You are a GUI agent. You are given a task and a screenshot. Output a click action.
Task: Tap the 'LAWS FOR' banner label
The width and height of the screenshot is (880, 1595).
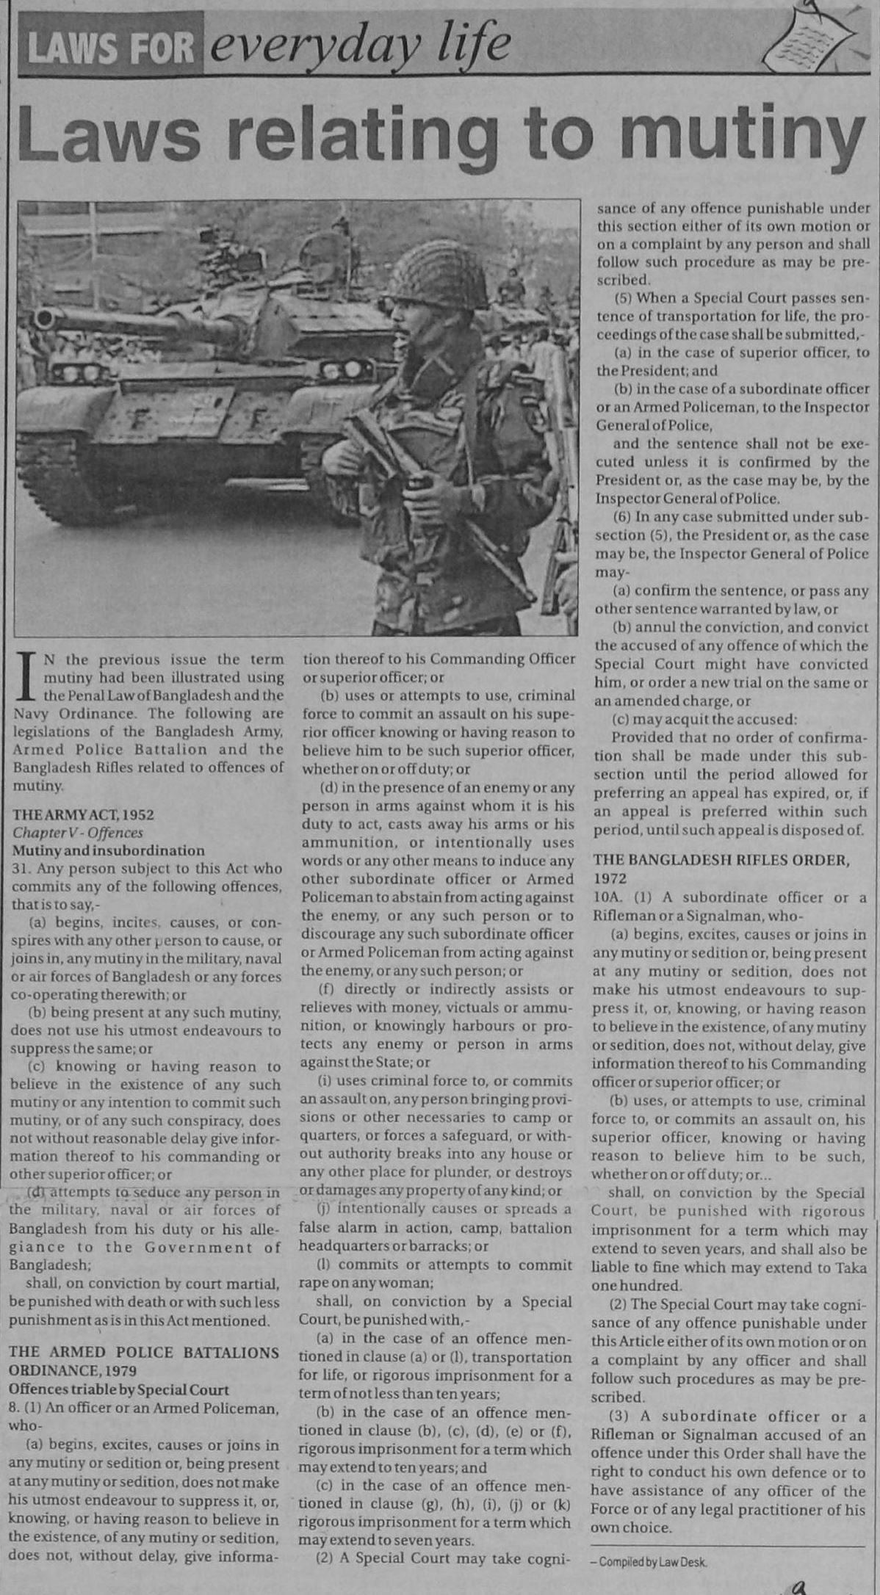point(110,49)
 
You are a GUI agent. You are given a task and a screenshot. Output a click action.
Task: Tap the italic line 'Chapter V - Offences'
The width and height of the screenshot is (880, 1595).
point(77,833)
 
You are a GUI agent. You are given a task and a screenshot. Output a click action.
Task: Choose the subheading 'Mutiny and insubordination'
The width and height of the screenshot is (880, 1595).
point(107,850)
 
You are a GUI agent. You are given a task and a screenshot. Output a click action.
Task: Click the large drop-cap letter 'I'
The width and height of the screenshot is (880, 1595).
point(27,675)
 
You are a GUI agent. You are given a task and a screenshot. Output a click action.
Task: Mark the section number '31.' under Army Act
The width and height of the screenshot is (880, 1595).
point(21,869)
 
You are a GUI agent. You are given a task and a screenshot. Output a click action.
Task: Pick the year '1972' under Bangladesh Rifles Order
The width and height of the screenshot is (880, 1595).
point(610,878)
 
